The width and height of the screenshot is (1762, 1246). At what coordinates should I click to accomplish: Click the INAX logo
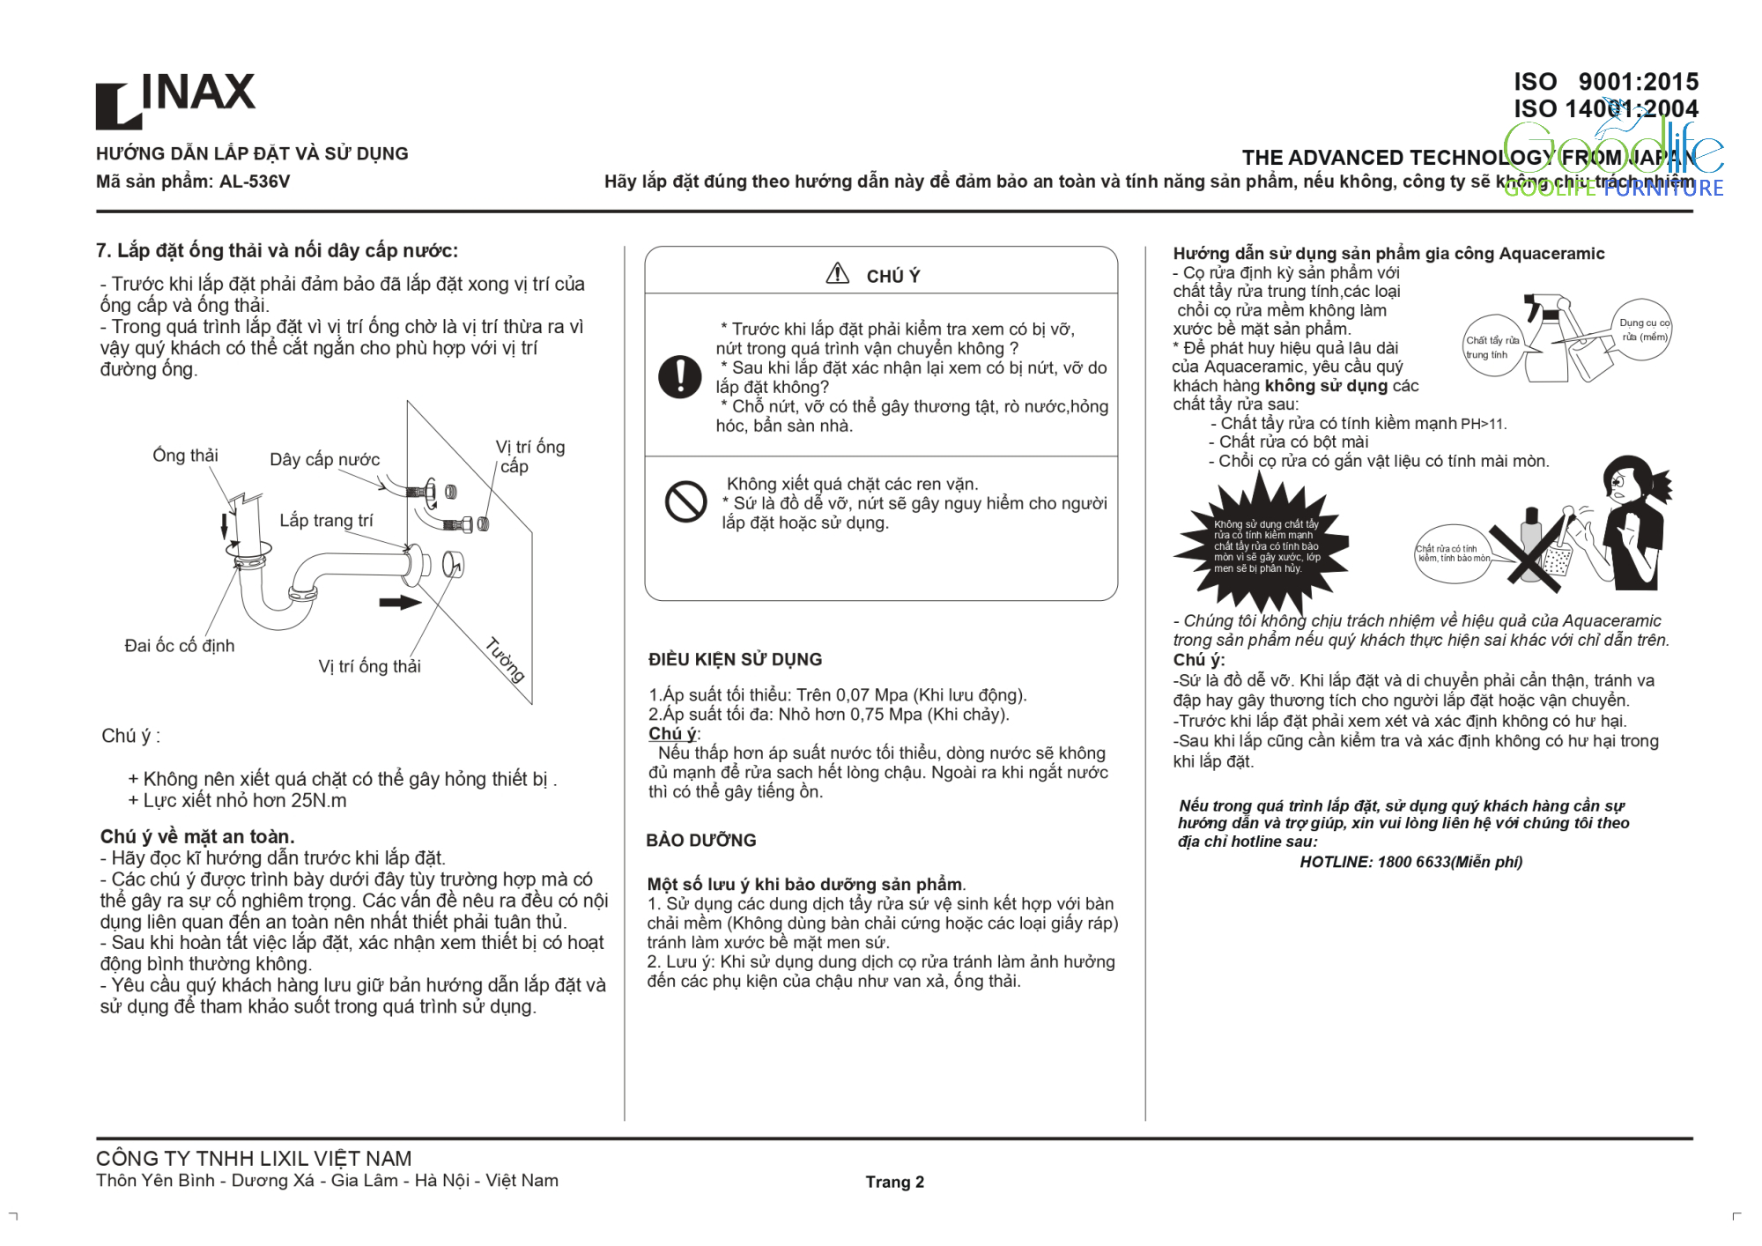(175, 100)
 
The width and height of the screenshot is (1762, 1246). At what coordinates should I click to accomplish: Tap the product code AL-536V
(255, 182)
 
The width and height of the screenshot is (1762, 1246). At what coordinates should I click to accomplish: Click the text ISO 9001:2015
(1605, 82)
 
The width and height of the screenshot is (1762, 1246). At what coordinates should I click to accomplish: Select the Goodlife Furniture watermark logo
(1612, 159)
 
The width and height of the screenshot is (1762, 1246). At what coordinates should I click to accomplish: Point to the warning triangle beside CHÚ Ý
(837, 274)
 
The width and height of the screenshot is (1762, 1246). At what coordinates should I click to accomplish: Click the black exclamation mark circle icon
(680, 376)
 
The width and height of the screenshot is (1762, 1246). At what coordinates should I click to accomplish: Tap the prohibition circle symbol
(685, 501)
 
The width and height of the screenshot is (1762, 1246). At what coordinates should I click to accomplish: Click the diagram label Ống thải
(185, 455)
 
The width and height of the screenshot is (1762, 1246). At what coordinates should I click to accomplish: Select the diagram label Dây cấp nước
(324, 459)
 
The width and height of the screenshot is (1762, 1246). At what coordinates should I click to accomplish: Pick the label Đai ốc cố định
(180, 645)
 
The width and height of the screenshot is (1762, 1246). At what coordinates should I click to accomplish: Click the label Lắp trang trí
(326, 520)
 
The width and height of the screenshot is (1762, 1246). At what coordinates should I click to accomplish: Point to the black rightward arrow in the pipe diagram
(400, 603)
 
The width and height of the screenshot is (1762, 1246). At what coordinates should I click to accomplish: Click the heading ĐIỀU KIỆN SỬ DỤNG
(735, 659)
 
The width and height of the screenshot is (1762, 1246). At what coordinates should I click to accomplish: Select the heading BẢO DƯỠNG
(700, 840)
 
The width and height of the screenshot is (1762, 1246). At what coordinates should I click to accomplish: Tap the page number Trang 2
(894, 1182)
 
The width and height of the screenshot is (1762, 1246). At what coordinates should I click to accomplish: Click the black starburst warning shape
(1262, 544)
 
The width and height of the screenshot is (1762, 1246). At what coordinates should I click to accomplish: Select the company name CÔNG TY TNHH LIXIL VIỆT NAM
(254, 1158)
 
